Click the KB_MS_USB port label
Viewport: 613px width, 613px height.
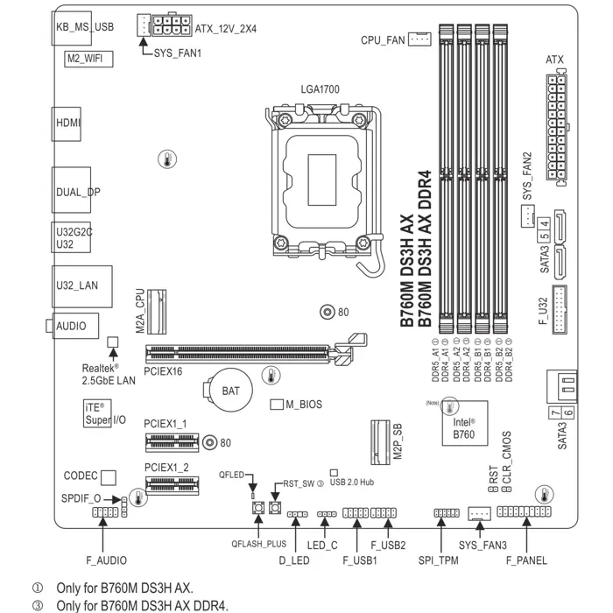(85, 27)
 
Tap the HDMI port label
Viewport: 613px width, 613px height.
(68, 123)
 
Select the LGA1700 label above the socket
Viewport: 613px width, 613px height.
(320, 89)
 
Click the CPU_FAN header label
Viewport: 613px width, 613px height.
(383, 40)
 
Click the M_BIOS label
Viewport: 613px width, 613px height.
(303, 405)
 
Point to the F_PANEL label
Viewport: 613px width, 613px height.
(526, 560)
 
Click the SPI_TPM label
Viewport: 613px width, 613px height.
(439, 560)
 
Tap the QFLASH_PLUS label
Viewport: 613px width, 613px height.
(258, 544)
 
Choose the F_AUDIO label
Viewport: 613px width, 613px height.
(106, 560)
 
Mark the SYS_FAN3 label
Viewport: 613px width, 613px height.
(483, 545)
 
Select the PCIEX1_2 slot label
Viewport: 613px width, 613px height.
(166, 467)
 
